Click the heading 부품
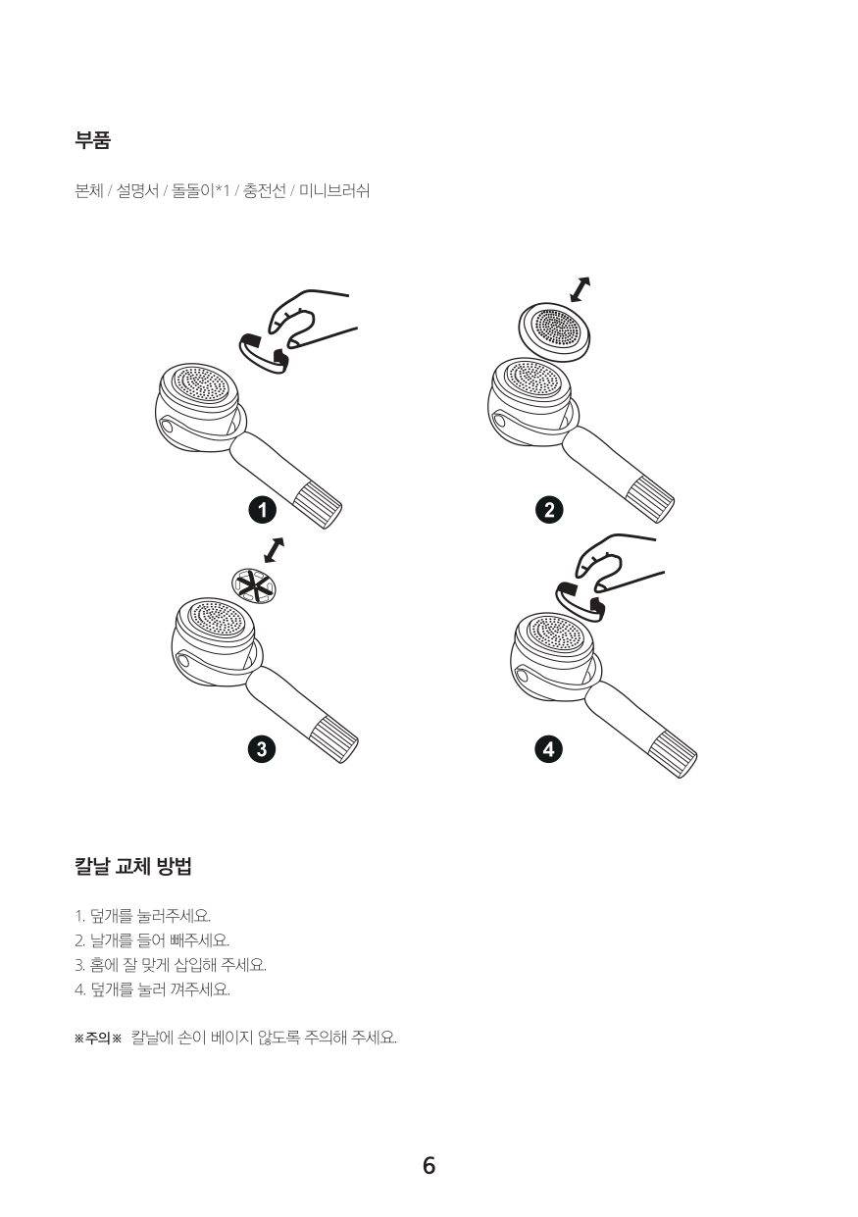pyautogui.click(x=93, y=140)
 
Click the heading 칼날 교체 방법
pyautogui.click(x=133, y=866)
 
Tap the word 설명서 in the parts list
pyautogui.click(x=137, y=190)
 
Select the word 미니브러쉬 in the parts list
pyautogui.click(x=334, y=190)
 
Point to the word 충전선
pyautogui.click(x=264, y=190)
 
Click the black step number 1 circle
pyautogui.click(x=263, y=510)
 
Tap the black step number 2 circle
pyautogui.click(x=549, y=510)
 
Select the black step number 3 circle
pyautogui.click(x=262, y=750)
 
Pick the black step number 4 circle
pyautogui.click(x=549, y=750)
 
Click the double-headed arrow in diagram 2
pyautogui.click(x=580, y=289)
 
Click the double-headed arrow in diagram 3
pyautogui.click(x=274, y=550)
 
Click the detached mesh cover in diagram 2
pyautogui.click(x=554, y=332)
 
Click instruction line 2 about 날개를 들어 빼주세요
pyautogui.click(x=152, y=939)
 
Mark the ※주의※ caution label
pyautogui.click(x=98, y=1039)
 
